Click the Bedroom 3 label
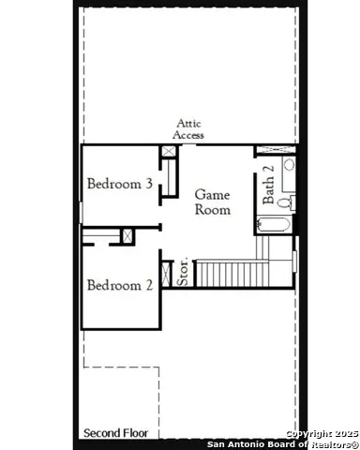click(120, 184)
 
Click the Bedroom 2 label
click(120, 285)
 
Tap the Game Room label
click(212, 202)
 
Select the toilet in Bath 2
click(286, 202)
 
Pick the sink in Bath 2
click(289, 166)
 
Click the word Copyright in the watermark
click(307, 433)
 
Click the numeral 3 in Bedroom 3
click(149, 184)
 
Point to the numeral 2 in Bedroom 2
click(149, 285)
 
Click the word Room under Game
click(212, 210)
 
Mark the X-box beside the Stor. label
click(168, 272)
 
